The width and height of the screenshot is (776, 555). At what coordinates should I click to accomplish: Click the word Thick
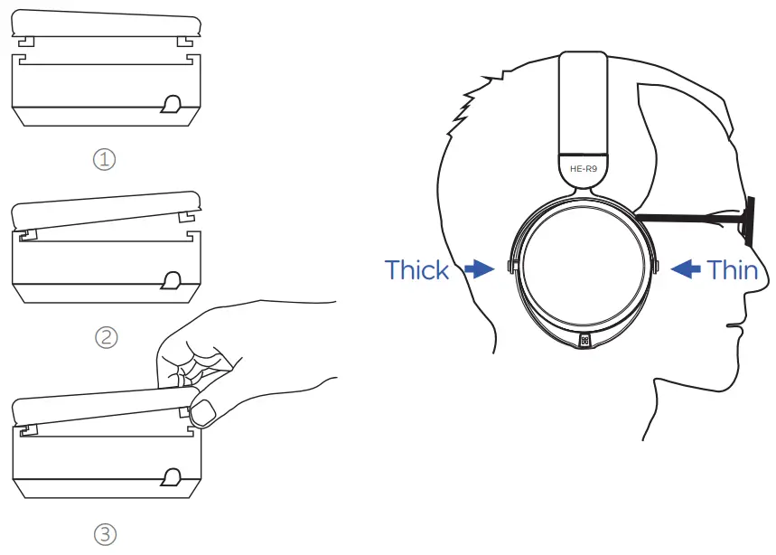click(x=416, y=269)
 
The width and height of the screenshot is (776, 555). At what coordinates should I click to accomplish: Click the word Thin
click(x=732, y=269)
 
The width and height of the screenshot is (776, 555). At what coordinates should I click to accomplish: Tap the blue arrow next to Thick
click(x=479, y=269)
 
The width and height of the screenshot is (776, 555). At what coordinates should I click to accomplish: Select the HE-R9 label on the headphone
click(x=583, y=168)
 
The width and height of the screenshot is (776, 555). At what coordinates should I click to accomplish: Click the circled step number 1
click(x=106, y=160)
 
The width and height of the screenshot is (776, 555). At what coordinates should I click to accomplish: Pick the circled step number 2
click(x=106, y=337)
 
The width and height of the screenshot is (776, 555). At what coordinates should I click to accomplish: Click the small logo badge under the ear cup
click(x=584, y=340)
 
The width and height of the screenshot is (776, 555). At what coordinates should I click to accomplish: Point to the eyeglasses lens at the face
click(x=748, y=220)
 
